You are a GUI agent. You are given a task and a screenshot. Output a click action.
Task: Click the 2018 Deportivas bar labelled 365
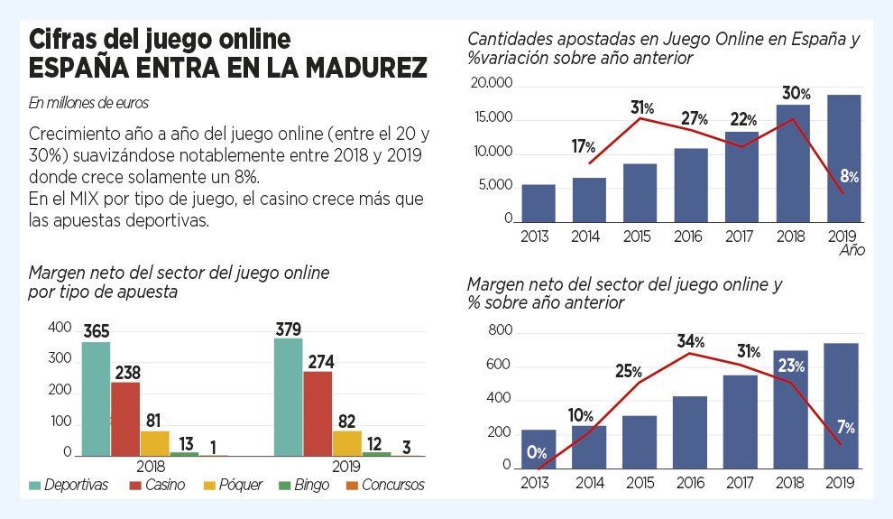pos(96,397)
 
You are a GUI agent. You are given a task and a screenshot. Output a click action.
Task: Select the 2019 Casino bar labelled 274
pos(317,412)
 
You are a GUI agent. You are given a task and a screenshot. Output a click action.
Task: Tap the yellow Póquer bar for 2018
pos(154,442)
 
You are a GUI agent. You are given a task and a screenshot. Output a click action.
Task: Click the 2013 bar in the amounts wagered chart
pos(539,202)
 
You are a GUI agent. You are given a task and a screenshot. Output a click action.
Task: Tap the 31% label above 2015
pos(641,107)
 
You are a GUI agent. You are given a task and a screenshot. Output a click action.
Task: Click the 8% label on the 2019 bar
pos(847,177)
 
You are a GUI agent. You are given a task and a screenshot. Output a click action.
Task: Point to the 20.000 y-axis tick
pos(492,84)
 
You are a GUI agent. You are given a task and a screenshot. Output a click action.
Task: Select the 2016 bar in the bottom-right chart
pos(690,432)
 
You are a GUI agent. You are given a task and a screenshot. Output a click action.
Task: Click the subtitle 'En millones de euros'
pos(88,103)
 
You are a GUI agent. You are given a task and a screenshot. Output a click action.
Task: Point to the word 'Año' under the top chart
pos(852,250)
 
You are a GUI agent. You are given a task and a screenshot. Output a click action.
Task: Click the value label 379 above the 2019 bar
pos(289,329)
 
